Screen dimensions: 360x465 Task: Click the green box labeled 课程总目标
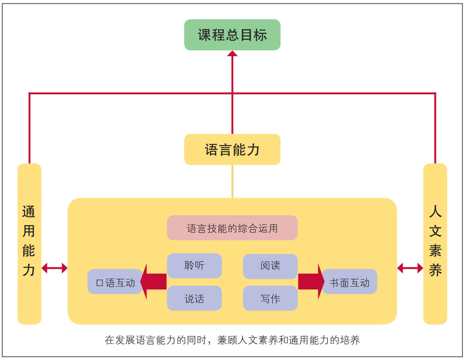(x=232, y=35)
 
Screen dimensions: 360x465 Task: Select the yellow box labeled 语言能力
(x=232, y=149)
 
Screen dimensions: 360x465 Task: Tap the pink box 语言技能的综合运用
(x=232, y=228)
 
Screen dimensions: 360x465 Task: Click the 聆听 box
(x=194, y=265)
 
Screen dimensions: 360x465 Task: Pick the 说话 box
(x=194, y=298)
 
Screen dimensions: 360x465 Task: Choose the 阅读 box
(x=270, y=265)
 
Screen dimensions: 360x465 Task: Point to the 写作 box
(x=270, y=298)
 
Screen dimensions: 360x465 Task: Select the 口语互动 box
(x=115, y=282)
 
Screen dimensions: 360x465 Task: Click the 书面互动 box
(x=349, y=282)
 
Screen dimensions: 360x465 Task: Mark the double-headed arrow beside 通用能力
(x=54, y=268)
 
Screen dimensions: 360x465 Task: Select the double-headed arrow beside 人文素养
(x=410, y=268)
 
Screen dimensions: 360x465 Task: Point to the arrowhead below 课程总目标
(x=232, y=54)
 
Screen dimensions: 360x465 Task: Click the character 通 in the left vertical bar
(x=29, y=212)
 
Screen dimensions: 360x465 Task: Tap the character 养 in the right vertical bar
(x=435, y=270)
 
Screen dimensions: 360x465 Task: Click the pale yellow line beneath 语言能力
(x=232, y=181)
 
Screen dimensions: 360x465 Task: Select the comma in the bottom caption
(x=210, y=342)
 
